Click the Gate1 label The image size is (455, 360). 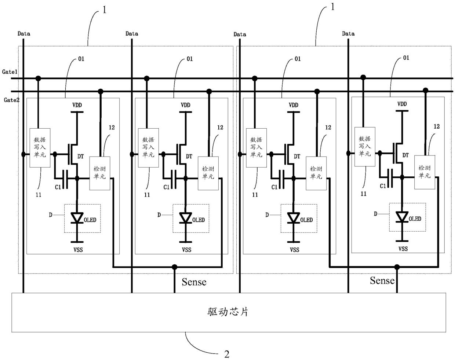(x=10, y=72)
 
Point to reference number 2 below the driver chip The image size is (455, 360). (x=227, y=354)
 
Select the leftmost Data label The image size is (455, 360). (x=24, y=34)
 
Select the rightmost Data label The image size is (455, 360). (x=348, y=34)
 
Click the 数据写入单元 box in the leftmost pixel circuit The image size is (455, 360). (x=40, y=148)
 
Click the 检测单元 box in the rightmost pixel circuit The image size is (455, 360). (x=425, y=172)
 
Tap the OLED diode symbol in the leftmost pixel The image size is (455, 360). (x=77, y=218)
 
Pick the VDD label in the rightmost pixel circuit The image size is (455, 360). (x=402, y=104)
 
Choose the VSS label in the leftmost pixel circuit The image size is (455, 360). (x=77, y=250)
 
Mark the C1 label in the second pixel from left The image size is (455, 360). (x=167, y=187)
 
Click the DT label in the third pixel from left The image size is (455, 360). (x=297, y=157)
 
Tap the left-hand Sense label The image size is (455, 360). (x=194, y=282)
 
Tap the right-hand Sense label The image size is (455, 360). (x=382, y=281)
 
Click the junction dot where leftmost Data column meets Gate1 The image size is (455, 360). (x=38, y=78)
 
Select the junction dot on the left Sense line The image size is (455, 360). (x=175, y=267)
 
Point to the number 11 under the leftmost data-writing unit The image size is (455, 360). (x=38, y=195)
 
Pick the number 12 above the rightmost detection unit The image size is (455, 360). (x=437, y=126)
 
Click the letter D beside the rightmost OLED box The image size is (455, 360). (x=375, y=213)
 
